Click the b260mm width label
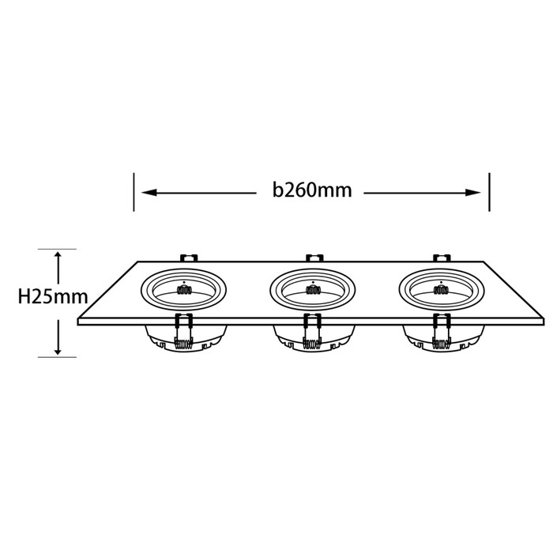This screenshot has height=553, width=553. (312, 190)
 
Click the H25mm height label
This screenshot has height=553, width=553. (53, 296)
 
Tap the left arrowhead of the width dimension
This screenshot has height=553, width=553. (149, 192)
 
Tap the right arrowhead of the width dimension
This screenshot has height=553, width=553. (473, 193)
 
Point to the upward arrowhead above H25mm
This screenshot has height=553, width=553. (58, 257)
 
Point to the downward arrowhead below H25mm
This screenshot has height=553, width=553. (58, 349)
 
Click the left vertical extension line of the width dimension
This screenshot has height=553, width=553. (134, 192)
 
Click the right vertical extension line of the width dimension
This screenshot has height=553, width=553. (489, 192)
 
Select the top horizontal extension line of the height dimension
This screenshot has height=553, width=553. (57, 249)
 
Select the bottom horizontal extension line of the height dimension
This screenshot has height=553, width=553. (57, 357)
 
